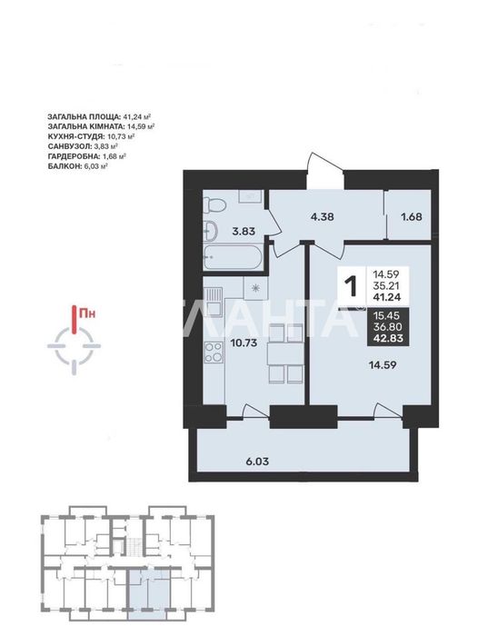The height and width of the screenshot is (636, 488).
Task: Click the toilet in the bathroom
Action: tap(213, 204)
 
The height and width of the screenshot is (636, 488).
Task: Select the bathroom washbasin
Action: tap(210, 231)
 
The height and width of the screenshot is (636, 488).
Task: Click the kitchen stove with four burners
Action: tap(214, 353)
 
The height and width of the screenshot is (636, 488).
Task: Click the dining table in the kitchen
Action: tap(285, 353)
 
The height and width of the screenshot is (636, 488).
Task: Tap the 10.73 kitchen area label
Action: tap(244, 343)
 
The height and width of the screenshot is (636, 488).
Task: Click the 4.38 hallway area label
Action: tap(322, 216)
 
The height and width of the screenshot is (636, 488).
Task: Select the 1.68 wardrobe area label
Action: tap(412, 217)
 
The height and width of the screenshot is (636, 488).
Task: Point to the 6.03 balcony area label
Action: tap(257, 462)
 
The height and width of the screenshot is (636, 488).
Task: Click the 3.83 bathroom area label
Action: tap(244, 231)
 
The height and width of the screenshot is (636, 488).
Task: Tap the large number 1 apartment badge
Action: tap(352, 286)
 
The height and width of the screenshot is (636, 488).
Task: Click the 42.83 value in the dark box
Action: tap(388, 339)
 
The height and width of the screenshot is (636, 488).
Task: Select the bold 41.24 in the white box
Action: tap(387, 297)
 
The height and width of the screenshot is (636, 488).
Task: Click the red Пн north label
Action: tap(87, 313)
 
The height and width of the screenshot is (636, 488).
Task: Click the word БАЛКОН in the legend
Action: tap(65, 166)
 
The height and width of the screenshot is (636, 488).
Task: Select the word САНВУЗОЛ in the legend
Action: tap(69, 146)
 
